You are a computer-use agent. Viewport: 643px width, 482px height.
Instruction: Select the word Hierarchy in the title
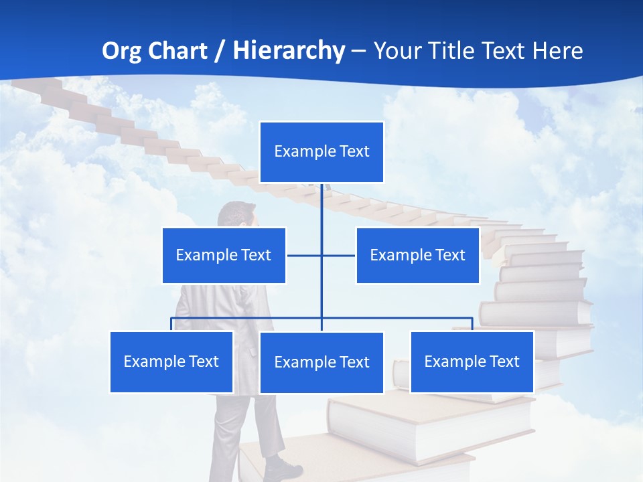[289, 51]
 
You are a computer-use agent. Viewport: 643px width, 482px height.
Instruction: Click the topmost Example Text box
[321, 152]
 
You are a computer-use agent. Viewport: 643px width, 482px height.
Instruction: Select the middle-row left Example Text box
[224, 255]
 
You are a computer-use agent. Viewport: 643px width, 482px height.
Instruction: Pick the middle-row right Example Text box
[417, 255]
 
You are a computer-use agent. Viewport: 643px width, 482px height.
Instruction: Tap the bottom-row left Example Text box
[171, 361]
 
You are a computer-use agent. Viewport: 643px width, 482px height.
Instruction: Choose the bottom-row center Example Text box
[321, 362]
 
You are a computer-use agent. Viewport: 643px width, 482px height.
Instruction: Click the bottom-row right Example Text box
[472, 361]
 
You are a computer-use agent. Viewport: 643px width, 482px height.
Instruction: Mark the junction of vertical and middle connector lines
[321, 255]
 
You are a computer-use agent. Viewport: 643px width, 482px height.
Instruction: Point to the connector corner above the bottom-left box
[171, 319]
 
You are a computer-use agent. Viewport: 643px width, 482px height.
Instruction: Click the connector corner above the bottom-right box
[472, 319]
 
